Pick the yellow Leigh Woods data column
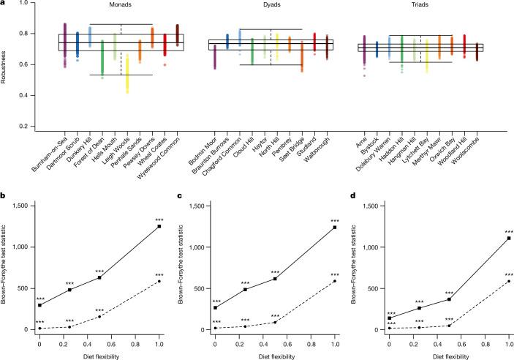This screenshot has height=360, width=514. pos(128,73)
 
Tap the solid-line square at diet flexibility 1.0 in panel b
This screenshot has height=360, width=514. pos(158,227)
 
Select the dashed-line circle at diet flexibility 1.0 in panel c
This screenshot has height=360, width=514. pos(335,281)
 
